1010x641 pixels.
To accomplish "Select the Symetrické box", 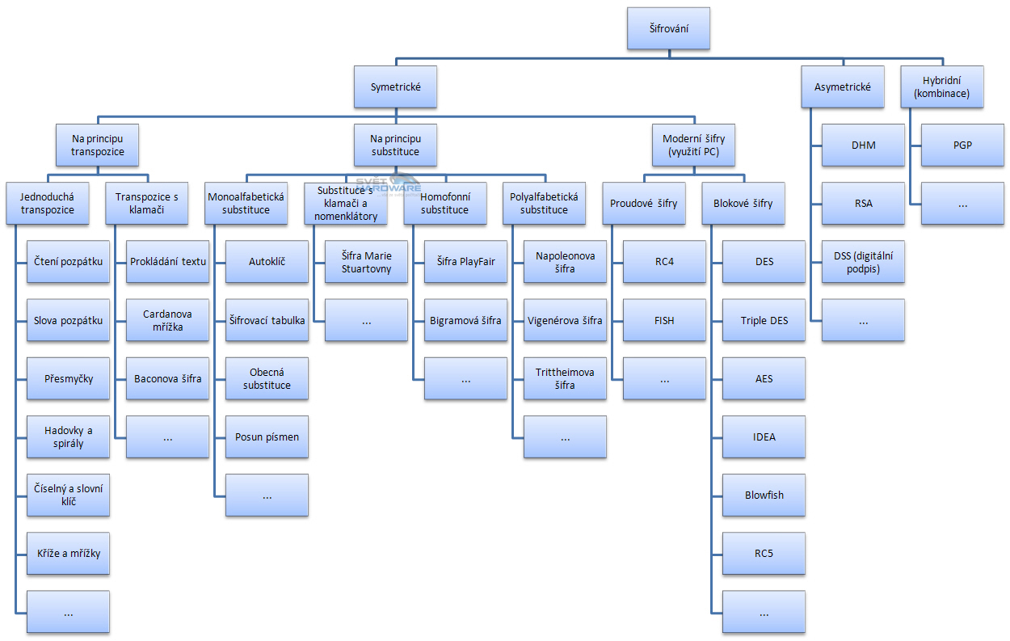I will (x=395, y=87).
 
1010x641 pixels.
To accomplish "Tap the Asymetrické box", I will (x=843, y=87).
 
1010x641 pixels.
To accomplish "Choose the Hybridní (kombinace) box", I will (x=943, y=87).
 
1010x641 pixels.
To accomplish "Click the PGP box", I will (x=962, y=145).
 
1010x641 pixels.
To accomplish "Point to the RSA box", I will (x=863, y=204).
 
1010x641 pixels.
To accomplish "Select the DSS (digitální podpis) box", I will (x=863, y=262).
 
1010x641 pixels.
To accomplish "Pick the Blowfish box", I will (x=764, y=495).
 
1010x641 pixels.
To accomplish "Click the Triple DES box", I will (x=764, y=320).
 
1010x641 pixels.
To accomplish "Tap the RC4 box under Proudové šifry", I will (x=664, y=262).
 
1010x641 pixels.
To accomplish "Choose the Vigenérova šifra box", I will (x=565, y=320).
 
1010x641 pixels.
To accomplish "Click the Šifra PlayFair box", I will (x=465, y=262).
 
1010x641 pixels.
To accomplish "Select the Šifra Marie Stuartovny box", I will (x=366, y=262).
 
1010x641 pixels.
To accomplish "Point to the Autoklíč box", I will (x=267, y=262).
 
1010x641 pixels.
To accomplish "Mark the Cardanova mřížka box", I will (x=167, y=320).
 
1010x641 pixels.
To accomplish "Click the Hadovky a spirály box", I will (x=68, y=436).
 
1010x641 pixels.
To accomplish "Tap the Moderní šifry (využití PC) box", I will (x=694, y=145).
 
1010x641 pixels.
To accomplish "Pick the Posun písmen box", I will (x=267, y=436).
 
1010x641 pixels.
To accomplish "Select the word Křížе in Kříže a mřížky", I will (x=50, y=553).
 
